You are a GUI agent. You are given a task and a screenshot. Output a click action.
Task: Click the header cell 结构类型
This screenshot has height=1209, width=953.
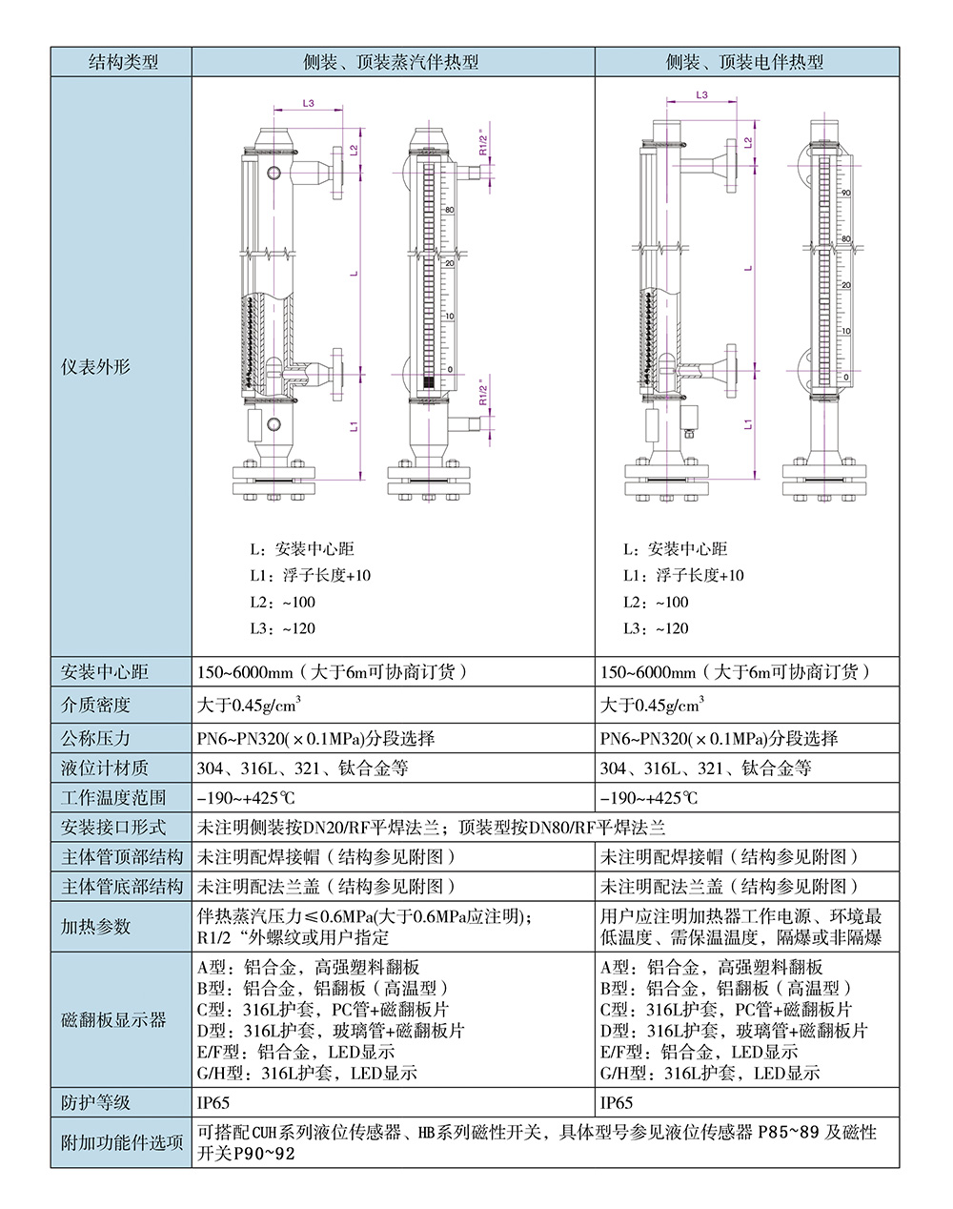122,63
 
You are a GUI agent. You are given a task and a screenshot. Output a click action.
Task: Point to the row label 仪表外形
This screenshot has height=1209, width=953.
95,367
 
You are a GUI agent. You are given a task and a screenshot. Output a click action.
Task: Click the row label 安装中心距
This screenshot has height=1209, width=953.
105,672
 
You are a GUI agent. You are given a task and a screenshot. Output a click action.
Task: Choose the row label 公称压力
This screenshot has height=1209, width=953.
95,739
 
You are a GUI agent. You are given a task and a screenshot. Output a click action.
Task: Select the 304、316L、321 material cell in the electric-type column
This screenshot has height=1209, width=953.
705,768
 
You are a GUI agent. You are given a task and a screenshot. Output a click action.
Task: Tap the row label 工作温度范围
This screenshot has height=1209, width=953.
113,798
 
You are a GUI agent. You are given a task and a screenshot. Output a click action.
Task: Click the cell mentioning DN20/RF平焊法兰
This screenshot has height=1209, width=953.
431,828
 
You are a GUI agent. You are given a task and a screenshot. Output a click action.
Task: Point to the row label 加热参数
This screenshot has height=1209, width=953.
95,927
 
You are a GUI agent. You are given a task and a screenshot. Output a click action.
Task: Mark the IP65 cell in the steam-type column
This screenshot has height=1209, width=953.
214,1103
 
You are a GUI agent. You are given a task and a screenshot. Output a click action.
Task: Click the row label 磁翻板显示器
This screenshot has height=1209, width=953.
113,1020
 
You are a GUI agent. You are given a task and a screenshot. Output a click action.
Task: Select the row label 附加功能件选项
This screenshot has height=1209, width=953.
122,1142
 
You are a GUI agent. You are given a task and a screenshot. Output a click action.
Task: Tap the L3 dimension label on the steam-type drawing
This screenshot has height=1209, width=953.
308,103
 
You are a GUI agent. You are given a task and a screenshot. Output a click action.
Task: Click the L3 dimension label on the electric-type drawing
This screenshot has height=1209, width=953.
702,95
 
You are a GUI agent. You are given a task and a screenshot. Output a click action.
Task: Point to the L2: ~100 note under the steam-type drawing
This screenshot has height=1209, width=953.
283,603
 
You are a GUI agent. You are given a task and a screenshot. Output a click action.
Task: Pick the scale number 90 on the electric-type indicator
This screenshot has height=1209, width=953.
845,194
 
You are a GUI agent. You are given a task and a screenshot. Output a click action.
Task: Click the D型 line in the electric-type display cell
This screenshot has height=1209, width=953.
734,1031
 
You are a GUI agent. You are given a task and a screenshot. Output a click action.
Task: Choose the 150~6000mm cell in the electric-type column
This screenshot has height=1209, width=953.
736,672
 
